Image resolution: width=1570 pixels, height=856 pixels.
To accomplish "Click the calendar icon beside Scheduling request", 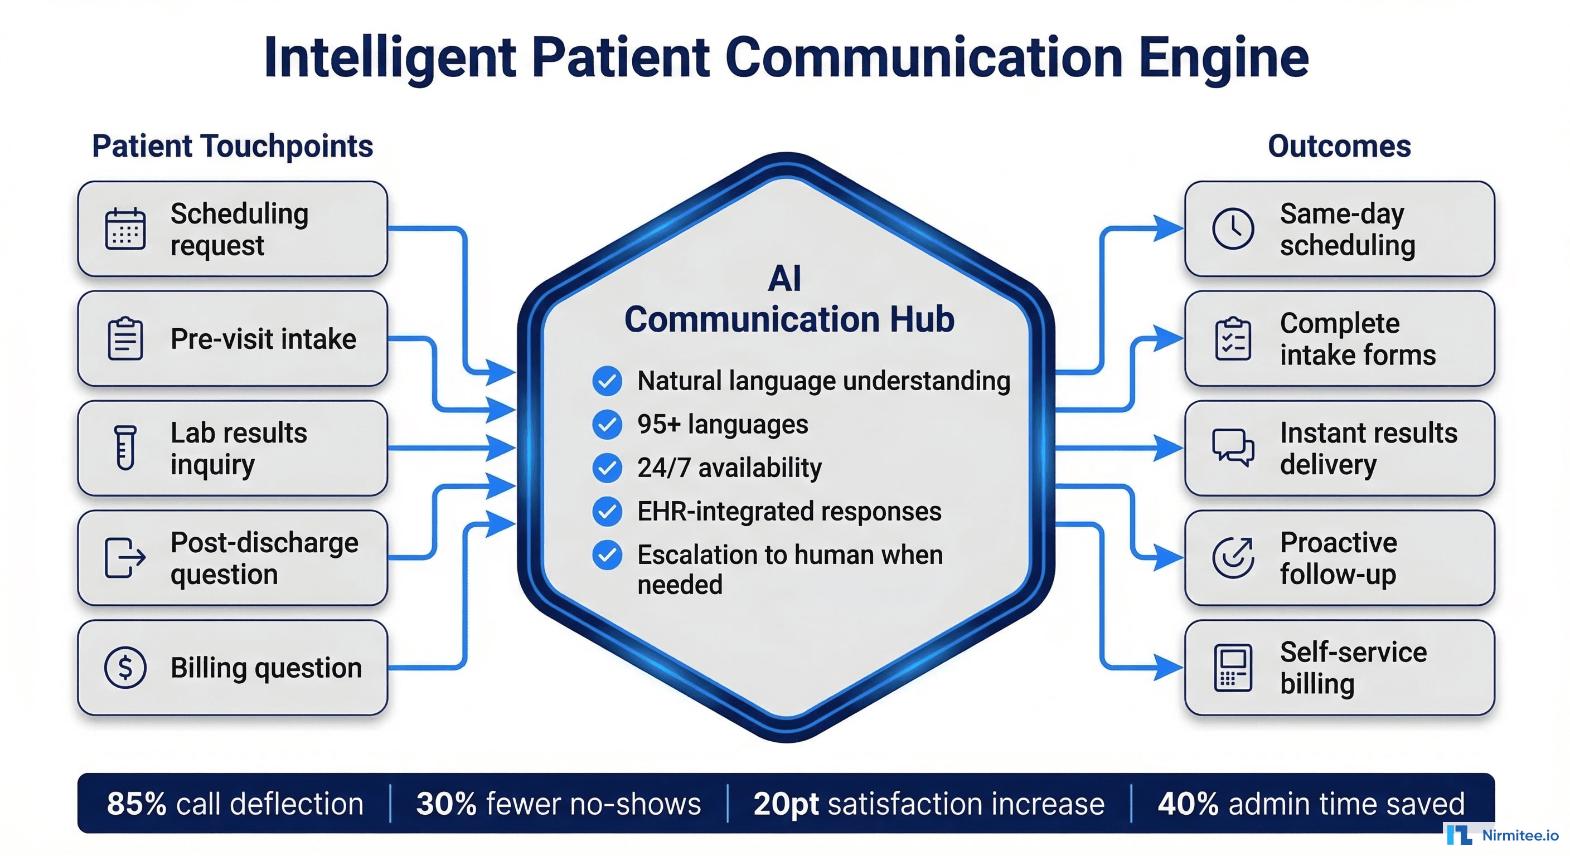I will coord(125,229).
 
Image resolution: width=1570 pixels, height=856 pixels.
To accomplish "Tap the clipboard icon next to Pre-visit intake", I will coord(125,339).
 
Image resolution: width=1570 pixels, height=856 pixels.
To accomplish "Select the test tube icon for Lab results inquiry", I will coord(125,448).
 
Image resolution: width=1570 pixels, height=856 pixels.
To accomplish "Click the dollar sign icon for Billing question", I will coord(125,668).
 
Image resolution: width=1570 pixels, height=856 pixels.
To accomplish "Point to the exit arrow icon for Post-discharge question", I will coord(125,557).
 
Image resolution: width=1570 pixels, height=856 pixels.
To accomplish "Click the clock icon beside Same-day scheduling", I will coord(1233,229).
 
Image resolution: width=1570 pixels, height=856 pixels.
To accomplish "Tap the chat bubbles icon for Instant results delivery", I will coord(1233,448).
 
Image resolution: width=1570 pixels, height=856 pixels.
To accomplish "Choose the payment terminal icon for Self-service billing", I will coord(1233,668).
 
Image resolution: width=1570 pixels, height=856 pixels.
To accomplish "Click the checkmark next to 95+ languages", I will coord(607,425).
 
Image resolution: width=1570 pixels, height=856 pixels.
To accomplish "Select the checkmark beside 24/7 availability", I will coord(607,468).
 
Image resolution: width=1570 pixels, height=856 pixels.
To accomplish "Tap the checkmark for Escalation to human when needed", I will coord(607,555).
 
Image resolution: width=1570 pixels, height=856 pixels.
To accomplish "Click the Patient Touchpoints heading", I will coord(232,146).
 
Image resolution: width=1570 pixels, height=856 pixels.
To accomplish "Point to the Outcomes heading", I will coord(1339,146).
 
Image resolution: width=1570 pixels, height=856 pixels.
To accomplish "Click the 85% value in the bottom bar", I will coord(136,804).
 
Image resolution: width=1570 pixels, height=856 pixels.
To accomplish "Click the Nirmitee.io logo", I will coord(1503,835).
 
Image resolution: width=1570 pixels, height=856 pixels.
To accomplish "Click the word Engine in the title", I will coord(1224,58).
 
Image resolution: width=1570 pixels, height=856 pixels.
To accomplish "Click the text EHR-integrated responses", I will coord(789,511).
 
